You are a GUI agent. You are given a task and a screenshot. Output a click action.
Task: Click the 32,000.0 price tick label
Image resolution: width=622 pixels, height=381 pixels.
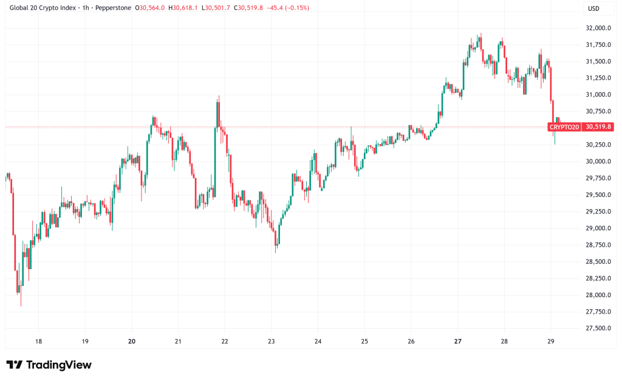point(598,28)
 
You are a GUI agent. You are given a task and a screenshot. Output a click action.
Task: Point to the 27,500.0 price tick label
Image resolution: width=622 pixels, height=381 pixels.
point(598,329)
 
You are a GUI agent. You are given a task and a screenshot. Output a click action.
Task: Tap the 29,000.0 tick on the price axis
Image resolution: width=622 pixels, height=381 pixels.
point(598,228)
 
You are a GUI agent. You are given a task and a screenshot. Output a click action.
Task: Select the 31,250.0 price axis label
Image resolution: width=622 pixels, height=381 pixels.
point(598,78)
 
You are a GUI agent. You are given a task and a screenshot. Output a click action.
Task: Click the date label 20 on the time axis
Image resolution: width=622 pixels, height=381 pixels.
point(132,342)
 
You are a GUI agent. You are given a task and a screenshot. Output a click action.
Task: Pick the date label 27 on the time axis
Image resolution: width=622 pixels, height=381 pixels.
point(457,342)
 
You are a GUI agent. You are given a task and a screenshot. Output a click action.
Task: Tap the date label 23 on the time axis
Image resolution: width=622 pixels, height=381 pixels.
point(272,342)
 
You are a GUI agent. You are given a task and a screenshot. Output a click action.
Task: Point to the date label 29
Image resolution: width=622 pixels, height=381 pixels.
point(551,342)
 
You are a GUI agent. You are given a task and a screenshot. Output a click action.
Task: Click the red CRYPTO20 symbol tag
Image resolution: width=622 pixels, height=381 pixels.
point(564,127)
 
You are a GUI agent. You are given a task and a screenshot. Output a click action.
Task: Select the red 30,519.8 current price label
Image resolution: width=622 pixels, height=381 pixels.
point(598,127)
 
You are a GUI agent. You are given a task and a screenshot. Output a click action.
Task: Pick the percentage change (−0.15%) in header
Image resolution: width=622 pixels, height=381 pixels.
point(295,8)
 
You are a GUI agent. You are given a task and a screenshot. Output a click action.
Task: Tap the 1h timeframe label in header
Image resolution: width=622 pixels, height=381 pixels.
point(80,8)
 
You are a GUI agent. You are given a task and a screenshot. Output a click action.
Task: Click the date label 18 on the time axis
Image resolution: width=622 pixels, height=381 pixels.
point(38,342)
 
